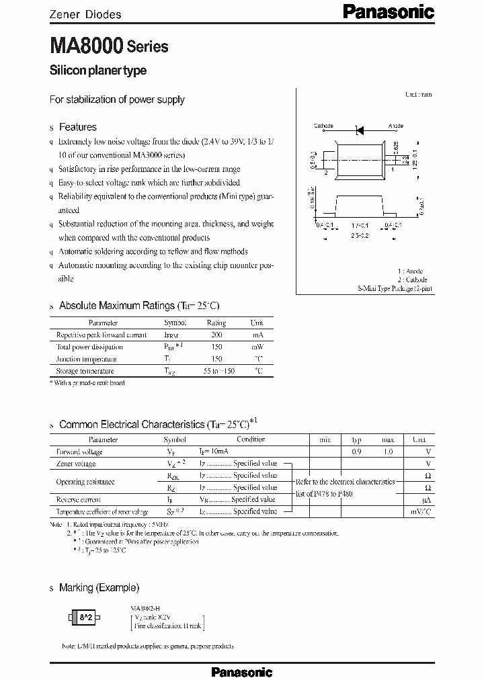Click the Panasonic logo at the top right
point(389,11)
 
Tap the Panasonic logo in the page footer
point(242,671)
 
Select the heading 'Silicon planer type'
point(98,71)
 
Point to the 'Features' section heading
point(77,127)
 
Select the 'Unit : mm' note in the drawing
point(419,95)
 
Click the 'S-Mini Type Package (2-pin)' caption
point(395,288)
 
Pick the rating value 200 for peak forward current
point(216,335)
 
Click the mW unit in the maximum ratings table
point(257,347)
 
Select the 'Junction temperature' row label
point(87,359)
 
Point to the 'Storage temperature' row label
point(85,371)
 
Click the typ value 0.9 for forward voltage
point(356,452)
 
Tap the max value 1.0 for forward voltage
point(388,452)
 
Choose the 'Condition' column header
point(251,439)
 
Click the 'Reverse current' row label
point(79,499)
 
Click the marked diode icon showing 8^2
point(86,617)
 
